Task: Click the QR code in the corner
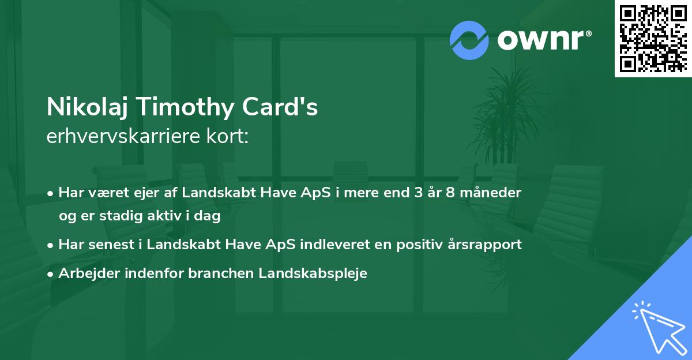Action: click(653, 39)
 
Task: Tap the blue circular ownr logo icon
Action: click(469, 40)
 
